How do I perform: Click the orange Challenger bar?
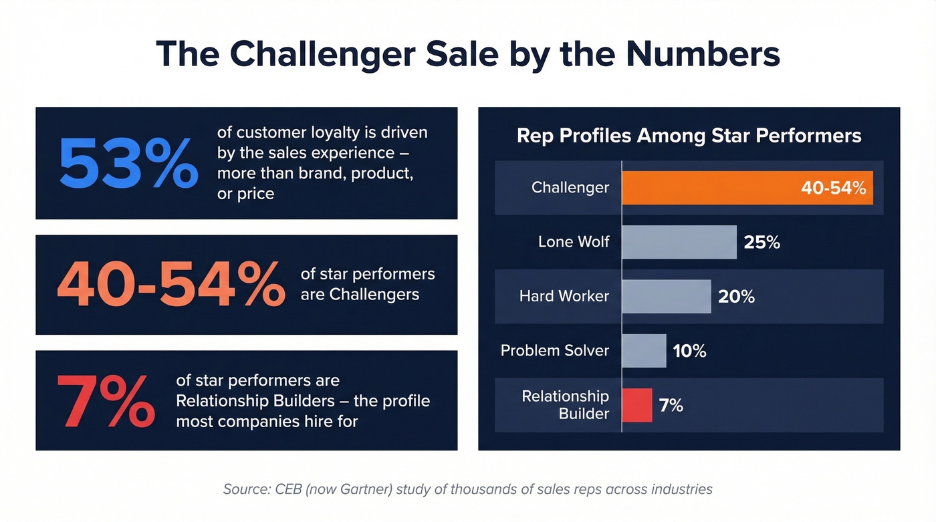(709, 188)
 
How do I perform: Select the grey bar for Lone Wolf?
(679, 242)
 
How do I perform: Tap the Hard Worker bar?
(666, 296)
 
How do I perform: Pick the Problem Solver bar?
(644, 351)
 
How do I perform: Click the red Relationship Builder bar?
(636, 405)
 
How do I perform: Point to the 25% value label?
(762, 242)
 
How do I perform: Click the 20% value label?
(736, 297)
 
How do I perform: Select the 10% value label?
(689, 351)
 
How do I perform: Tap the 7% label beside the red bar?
(671, 405)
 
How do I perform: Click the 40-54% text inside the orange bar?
(833, 188)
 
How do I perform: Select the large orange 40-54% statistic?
(170, 285)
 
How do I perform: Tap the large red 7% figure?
(106, 401)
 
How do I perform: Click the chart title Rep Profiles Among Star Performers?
(689, 136)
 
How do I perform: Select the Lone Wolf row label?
(574, 242)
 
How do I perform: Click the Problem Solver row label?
(555, 351)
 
